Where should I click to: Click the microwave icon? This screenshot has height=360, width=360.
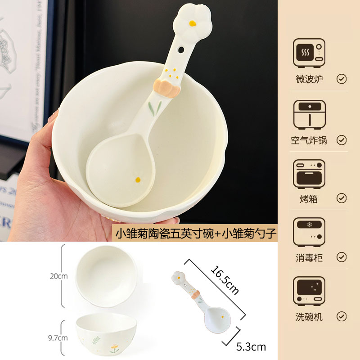tap(309, 53)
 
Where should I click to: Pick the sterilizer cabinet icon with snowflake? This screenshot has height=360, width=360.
tap(309, 233)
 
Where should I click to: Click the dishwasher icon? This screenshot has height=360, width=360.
tap(309, 292)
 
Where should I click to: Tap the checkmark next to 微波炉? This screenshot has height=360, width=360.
tap(342, 79)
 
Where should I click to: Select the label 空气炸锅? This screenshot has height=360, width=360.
tap(309, 140)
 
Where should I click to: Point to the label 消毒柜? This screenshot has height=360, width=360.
tap(309, 257)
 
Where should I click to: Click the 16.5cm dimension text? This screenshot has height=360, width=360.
tap(223, 280)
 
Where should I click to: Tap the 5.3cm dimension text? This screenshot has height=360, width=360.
tap(251, 346)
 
